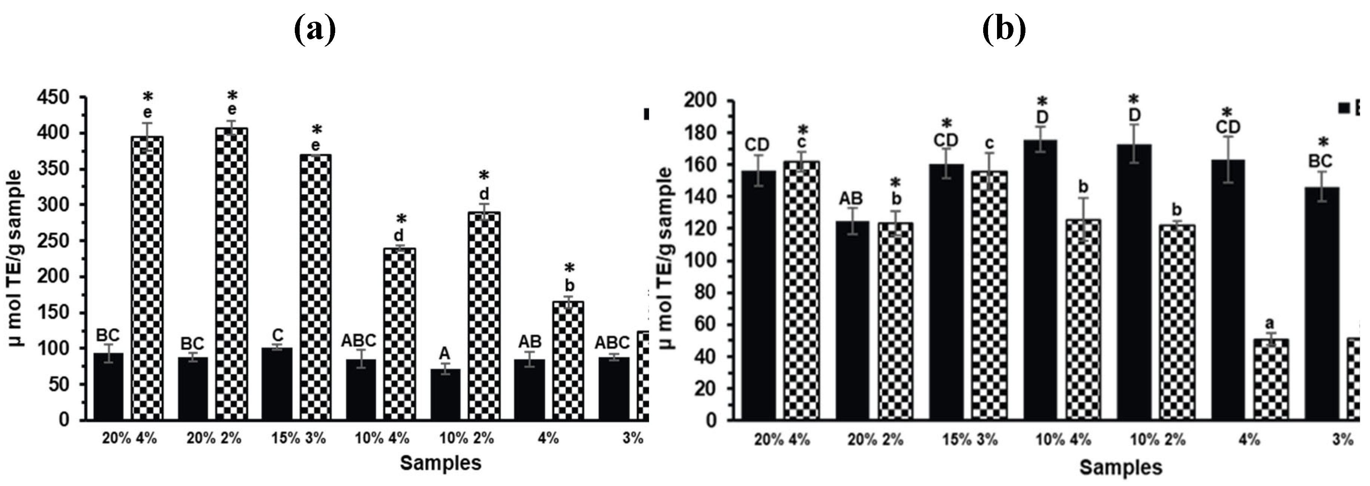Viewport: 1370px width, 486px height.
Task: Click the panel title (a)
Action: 315,30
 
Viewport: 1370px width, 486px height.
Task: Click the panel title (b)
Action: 1004,30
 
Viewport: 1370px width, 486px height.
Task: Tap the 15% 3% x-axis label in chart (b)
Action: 970,440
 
